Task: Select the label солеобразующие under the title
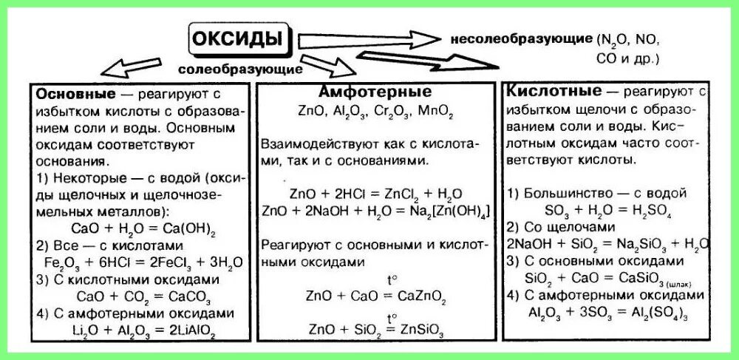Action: click(240, 69)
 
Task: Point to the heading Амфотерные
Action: click(375, 93)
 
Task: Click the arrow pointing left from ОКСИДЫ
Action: click(140, 67)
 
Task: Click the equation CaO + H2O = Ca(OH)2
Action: click(133, 228)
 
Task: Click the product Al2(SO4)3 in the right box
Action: click(659, 312)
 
